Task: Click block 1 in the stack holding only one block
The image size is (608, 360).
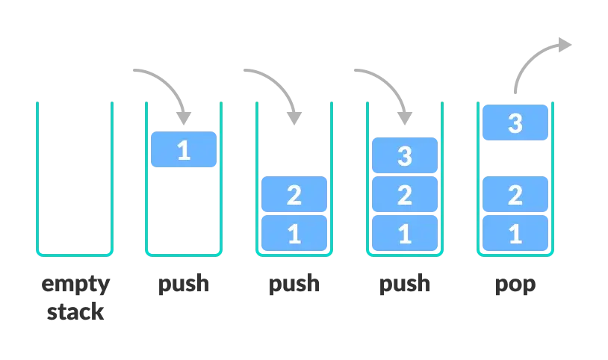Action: point(183,149)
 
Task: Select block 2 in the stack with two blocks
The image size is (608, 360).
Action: point(294,195)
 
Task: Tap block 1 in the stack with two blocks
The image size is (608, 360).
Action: point(294,234)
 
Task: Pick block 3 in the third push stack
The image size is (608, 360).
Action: point(404,156)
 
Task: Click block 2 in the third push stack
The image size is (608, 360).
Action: point(404,195)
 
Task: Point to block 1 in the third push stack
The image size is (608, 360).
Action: point(404,234)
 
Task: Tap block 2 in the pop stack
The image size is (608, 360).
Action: point(515,195)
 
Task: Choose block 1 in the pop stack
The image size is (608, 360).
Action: point(515,234)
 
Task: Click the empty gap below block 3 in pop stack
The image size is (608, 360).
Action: point(515,158)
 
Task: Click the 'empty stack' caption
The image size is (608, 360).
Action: point(75,297)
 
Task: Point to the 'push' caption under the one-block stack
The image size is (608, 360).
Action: point(183,284)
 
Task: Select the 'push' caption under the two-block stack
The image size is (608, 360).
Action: point(294,284)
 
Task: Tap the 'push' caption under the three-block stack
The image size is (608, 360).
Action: point(404,284)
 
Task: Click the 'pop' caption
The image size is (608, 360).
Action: point(515,285)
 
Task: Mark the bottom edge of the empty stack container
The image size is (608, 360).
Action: point(75,254)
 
